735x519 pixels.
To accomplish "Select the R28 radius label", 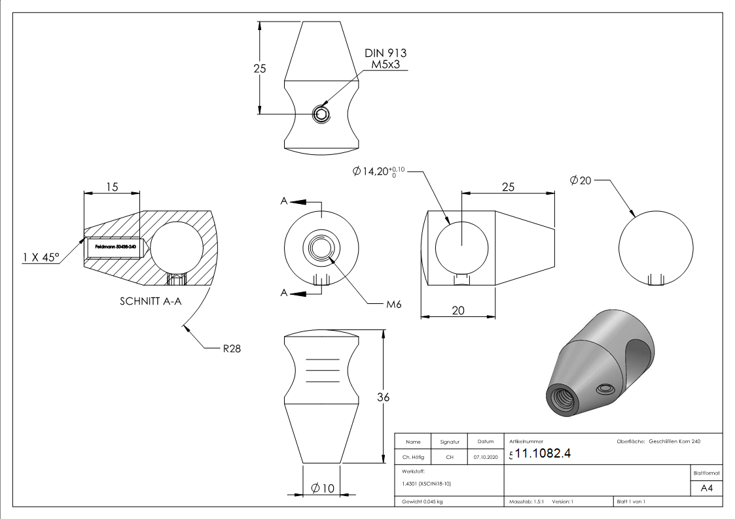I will click(232, 348).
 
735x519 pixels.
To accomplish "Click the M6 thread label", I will click(393, 304).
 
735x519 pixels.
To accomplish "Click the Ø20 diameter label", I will click(581, 180).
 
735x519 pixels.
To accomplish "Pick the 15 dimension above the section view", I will click(112, 187).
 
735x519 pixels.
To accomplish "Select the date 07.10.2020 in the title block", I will click(485, 458).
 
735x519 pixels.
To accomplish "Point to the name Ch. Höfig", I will click(413, 458).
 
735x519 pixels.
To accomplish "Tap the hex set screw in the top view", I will click(321, 115).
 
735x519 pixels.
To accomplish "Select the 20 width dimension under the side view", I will click(457, 310).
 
